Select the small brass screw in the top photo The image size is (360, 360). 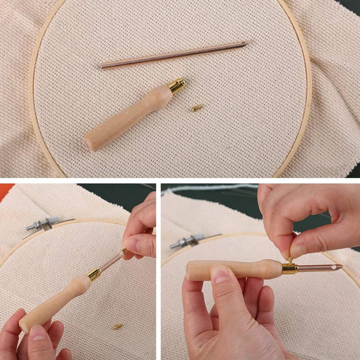[196, 108]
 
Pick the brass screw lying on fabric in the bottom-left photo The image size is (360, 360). [118, 326]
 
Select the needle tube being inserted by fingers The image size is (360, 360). [111, 261]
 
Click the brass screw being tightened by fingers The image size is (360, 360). [290, 261]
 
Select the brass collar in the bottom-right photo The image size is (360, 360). [289, 269]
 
